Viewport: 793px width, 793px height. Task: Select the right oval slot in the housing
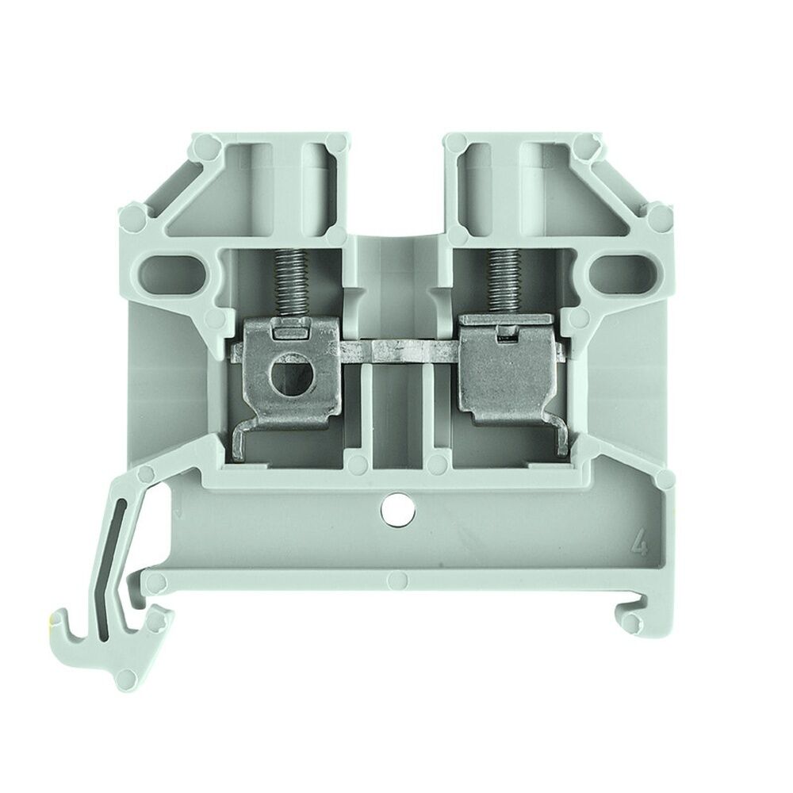[618, 272]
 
